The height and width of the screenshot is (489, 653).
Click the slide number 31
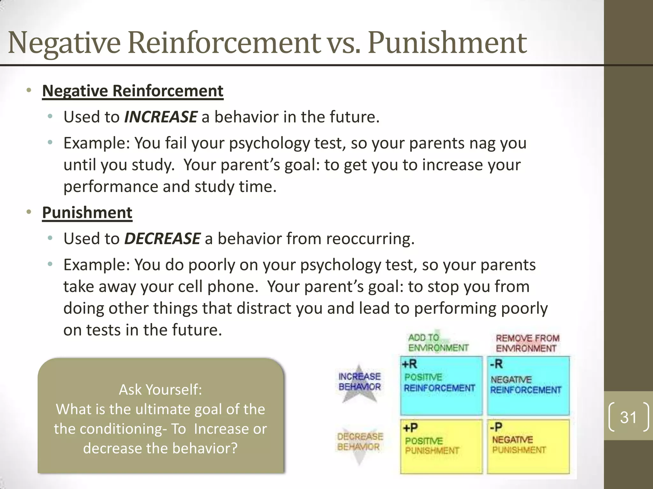click(x=628, y=417)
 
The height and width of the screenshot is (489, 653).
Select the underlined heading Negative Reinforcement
click(x=133, y=91)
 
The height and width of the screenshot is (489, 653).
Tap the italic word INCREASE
click(x=161, y=117)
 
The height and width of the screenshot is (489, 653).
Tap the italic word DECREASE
click(x=162, y=239)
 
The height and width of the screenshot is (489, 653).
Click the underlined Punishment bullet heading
click(x=87, y=213)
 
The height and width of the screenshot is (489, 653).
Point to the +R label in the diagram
click(x=409, y=364)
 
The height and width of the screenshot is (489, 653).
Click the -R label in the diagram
click(x=496, y=364)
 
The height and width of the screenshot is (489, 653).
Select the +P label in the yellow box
click(x=410, y=428)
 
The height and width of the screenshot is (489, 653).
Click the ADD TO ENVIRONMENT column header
click(x=438, y=343)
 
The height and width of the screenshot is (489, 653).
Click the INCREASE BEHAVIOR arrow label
click(x=360, y=382)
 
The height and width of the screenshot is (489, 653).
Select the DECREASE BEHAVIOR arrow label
click(x=360, y=442)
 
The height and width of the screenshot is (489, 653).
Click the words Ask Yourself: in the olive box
click(x=160, y=390)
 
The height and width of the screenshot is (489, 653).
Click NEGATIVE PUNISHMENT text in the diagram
click(x=519, y=445)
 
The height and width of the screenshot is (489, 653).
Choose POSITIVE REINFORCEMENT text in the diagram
click(x=439, y=383)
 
